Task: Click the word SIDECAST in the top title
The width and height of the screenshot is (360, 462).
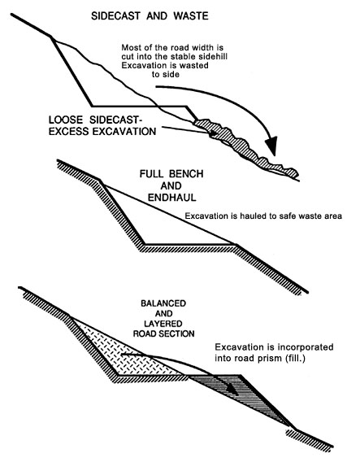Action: pos(116,16)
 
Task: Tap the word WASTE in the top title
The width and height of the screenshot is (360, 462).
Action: pos(191,16)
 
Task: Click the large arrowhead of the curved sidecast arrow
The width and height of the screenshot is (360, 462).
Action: pos(271,146)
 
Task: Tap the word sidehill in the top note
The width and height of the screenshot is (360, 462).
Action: pos(213,56)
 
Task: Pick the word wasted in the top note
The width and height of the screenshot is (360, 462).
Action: pos(193,65)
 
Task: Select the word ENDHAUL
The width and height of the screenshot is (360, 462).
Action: pos(172,197)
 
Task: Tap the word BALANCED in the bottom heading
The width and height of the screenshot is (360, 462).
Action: pos(163,303)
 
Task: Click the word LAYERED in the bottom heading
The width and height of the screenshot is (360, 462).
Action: pos(163,324)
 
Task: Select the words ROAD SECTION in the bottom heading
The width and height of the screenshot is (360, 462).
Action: pos(163,333)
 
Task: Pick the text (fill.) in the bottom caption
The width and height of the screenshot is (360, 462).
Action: pos(295,359)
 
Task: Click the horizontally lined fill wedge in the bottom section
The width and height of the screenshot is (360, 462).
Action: pos(245,394)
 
